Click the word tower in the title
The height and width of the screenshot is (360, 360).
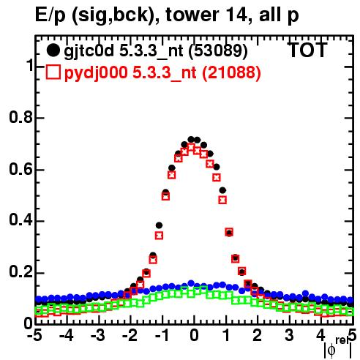(x=192, y=15)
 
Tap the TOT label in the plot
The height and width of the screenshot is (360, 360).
(x=308, y=50)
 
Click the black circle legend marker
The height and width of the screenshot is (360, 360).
(x=53, y=50)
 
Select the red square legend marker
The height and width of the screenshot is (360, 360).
(x=53, y=72)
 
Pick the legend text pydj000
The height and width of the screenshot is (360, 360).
(x=96, y=73)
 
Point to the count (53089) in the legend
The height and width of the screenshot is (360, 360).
(x=218, y=51)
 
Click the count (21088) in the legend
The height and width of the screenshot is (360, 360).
(x=231, y=72)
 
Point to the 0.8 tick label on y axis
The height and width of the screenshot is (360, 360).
(x=20, y=117)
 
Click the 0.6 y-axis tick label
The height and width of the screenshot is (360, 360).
(x=20, y=169)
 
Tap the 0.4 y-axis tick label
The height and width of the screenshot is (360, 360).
(x=20, y=220)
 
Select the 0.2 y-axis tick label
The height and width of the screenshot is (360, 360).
(x=20, y=271)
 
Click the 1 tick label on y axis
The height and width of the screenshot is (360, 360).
(x=29, y=65)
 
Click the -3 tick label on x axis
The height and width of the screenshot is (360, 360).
(x=97, y=335)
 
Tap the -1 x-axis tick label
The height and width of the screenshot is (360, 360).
(x=162, y=335)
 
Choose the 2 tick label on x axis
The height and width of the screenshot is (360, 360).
(x=257, y=335)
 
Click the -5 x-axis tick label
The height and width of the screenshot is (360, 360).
(x=34, y=335)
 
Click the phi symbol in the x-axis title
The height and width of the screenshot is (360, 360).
(x=331, y=350)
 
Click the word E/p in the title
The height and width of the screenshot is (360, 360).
(x=50, y=15)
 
